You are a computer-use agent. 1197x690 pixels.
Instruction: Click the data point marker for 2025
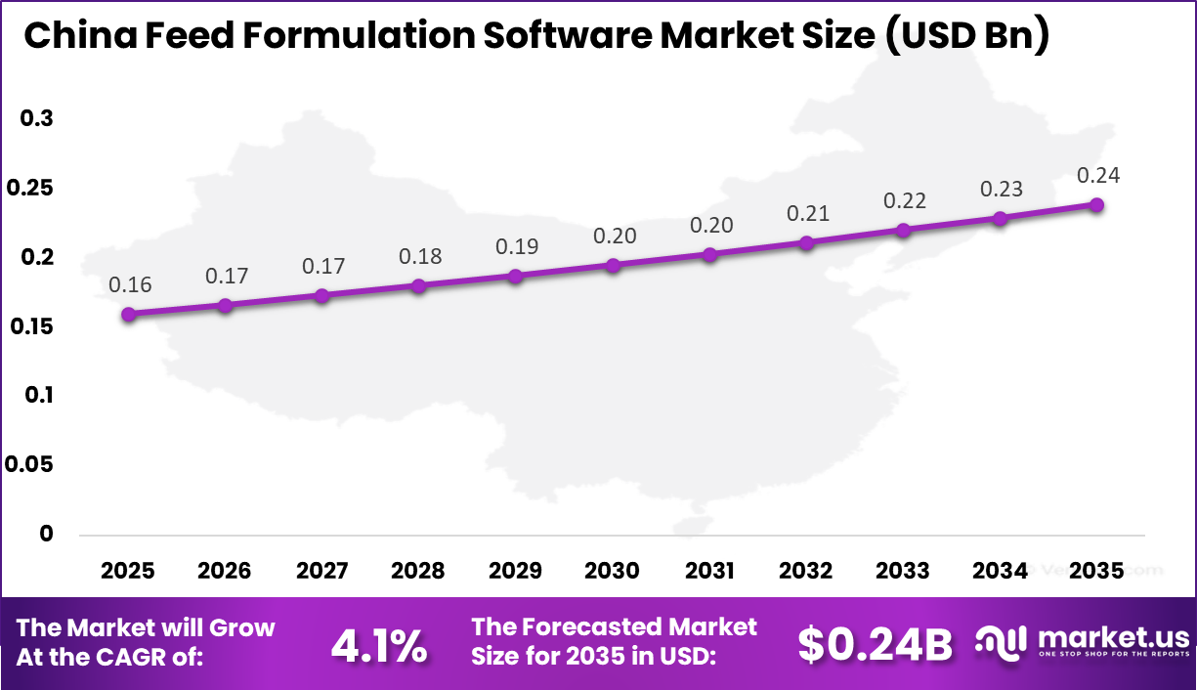(x=128, y=314)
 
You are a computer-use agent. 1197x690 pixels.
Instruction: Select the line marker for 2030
(x=613, y=265)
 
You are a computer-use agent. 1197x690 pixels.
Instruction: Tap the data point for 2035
(x=1097, y=204)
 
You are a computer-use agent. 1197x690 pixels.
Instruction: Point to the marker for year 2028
(x=418, y=286)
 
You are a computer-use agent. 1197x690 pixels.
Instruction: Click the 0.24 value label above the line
(x=1097, y=176)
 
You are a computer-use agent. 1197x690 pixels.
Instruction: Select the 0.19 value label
(x=516, y=246)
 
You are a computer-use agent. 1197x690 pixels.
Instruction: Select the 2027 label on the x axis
(x=321, y=571)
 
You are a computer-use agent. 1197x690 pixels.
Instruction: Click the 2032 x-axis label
(x=806, y=571)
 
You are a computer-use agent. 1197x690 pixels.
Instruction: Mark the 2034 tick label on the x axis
(x=1000, y=571)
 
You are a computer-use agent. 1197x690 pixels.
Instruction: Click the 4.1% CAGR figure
(x=378, y=645)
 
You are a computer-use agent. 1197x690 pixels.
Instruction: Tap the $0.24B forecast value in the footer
(x=875, y=645)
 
